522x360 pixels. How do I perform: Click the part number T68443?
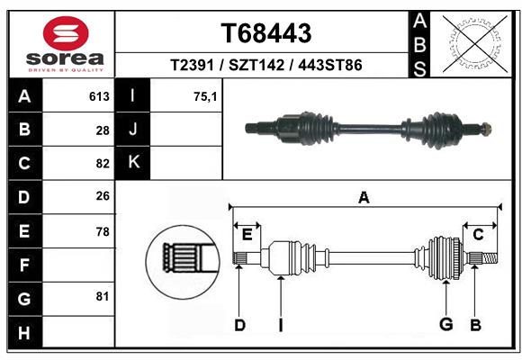click(266, 33)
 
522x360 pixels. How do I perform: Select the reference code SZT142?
click(266, 66)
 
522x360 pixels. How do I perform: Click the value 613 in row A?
click(99, 96)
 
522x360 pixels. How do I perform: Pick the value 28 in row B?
click(102, 130)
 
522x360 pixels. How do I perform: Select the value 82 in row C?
click(102, 164)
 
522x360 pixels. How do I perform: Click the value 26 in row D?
click(102, 196)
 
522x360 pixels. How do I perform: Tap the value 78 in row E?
click(102, 231)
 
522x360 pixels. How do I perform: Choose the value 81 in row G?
click(102, 296)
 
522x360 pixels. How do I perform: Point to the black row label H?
click(24, 331)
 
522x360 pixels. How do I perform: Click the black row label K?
click(133, 163)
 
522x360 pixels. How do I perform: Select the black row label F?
click(24, 265)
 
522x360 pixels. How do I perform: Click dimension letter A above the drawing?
click(364, 197)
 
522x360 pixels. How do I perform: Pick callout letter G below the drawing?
click(445, 325)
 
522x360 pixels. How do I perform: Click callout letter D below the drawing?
click(239, 325)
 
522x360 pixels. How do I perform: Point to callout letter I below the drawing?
click(280, 325)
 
